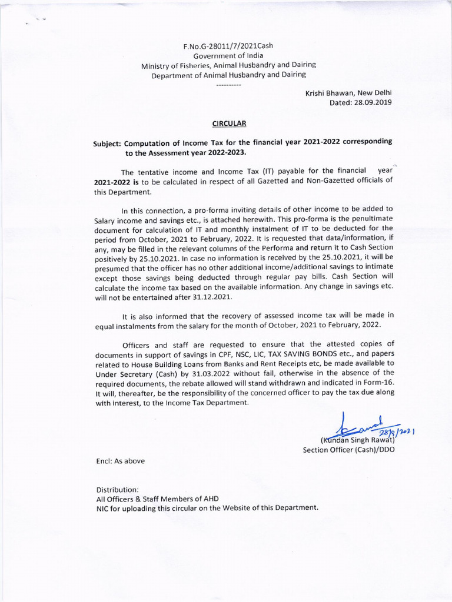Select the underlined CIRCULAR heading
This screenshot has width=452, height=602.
[x=229, y=123]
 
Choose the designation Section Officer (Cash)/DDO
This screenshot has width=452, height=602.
[x=349, y=450]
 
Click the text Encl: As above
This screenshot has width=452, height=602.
[x=120, y=461]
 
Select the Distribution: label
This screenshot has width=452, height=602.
[x=117, y=489]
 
